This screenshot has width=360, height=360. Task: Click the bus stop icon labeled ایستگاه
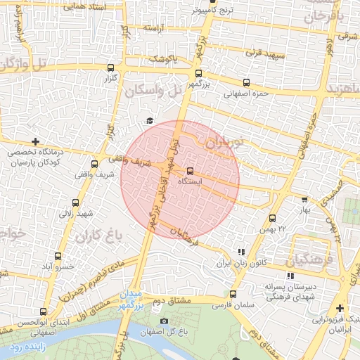click(191, 171)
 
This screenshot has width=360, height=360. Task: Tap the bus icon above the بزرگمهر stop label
click(198, 72)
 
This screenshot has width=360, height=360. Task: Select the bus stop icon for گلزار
click(110, 68)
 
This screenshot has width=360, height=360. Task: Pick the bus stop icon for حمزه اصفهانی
click(246, 82)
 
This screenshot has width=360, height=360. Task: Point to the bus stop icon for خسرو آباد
click(58, 256)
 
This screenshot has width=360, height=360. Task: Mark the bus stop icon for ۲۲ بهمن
click(273, 218)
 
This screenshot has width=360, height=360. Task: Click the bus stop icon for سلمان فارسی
click(233, 295)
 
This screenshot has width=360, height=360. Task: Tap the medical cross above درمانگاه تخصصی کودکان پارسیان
click(36, 141)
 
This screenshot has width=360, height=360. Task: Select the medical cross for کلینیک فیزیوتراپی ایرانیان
click(340, 308)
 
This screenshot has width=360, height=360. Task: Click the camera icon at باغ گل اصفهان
click(164, 321)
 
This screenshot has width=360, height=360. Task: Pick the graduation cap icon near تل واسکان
click(148, 121)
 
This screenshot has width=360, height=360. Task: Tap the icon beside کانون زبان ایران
click(242, 251)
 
